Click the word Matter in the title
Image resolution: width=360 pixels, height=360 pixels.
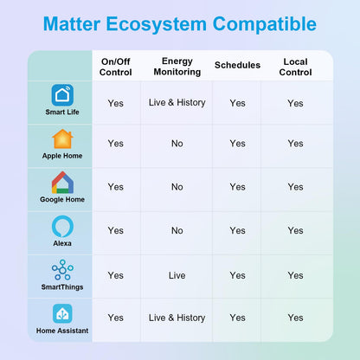click(72, 24)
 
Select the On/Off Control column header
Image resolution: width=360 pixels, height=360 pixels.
click(116, 67)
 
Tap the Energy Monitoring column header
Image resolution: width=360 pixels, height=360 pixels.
click(177, 67)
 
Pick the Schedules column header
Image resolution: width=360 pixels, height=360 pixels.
click(237, 65)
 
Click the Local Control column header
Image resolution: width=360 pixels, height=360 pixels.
click(295, 67)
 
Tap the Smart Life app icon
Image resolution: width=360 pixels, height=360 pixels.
click(62, 95)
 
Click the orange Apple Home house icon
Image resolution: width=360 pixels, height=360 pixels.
click(62, 139)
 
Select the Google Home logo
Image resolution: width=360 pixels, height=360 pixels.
click(62, 183)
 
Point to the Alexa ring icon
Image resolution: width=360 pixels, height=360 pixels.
click(62, 227)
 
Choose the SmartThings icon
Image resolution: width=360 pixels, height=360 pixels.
click(62, 270)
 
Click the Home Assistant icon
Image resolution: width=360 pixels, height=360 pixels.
click(62, 313)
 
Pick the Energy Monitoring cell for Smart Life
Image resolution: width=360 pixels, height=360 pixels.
click(177, 103)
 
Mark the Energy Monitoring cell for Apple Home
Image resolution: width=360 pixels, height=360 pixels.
click(177, 144)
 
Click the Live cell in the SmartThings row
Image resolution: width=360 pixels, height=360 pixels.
click(177, 275)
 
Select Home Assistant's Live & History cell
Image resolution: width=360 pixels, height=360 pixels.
click(177, 318)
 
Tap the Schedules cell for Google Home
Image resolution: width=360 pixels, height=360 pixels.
click(237, 187)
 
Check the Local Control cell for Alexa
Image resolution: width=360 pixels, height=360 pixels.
click(295, 230)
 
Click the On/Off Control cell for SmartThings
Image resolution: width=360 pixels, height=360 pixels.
click(116, 275)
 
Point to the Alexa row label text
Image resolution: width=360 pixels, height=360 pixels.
click(62, 243)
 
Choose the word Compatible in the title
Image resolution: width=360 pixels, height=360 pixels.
click(265, 24)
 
